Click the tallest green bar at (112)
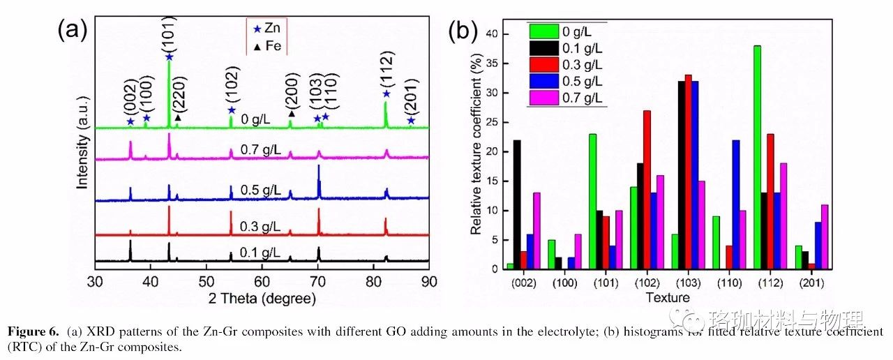[x=757, y=157]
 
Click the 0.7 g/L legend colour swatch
[x=543, y=98]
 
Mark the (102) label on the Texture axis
[x=647, y=283]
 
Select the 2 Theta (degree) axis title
[x=262, y=298]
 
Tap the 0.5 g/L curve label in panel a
[x=258, y=190]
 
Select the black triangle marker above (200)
[x=292, y=113]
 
